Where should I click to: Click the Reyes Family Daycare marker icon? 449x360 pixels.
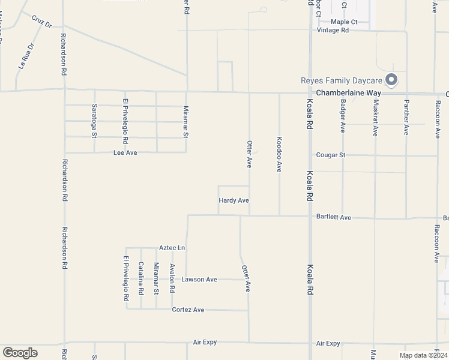click(x=391, y=80)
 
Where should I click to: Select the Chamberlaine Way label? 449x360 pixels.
click(x=349, y=94)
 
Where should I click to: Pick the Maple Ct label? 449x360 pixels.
click(x=344, y=22)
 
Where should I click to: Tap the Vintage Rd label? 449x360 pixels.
click(x=333, y=30)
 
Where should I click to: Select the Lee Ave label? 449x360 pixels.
click(x=125, y=153)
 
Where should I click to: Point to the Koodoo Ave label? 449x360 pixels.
click(x=279, y=154)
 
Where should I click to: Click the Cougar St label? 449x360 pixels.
click(x=331, y=155)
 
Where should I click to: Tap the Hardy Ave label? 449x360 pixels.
click(x=234, y=200)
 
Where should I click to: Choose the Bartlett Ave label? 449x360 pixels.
click(x=333, y=217)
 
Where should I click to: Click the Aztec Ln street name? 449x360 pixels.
click(x=172, y=248)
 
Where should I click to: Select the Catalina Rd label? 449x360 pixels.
click(x=141, y=278)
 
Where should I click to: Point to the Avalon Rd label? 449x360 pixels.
click(x=172, y=278)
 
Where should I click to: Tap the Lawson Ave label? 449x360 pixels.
click(x=199, y=280)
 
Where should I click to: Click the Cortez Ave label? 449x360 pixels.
click(x=188, y=310)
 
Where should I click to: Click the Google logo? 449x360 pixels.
click(x=20, y=353)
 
